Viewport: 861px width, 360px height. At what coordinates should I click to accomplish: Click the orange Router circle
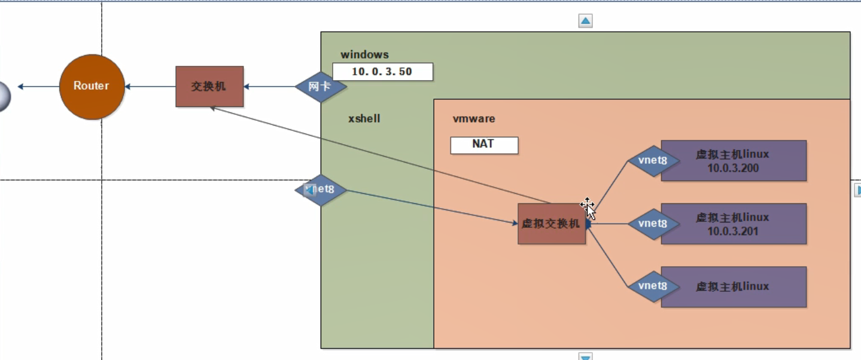(92, 87)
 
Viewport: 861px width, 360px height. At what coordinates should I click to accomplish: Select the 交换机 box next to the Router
(209, 87)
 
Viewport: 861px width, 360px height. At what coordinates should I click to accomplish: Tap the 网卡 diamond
(321, 87)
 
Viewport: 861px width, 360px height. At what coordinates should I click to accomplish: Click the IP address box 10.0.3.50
(382, 72)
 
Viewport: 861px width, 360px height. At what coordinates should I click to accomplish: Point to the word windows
(364, 55)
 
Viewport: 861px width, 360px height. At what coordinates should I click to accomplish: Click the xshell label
(364, 118)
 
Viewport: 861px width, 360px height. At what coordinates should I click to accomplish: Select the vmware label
(474, 118)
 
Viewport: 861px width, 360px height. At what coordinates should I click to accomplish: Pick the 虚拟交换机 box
(551, 224)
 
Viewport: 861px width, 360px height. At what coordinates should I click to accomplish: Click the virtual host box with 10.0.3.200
(734, 160)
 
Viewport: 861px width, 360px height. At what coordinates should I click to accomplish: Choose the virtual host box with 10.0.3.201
(734, 224)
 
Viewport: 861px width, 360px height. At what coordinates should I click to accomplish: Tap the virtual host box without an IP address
(734, 286)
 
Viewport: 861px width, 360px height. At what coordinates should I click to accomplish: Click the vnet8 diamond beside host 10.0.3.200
(653, 160)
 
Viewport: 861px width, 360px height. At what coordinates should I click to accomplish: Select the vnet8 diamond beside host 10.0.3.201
(653, 224)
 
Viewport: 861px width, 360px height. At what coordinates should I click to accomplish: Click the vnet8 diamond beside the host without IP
(653, 286)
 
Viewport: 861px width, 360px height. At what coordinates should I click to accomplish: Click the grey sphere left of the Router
(3, 96)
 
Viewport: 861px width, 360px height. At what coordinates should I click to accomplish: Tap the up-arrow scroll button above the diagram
(585, 22)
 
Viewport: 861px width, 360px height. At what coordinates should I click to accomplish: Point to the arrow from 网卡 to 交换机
(269, 87)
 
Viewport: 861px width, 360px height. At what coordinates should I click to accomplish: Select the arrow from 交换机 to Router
(150, 87)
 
